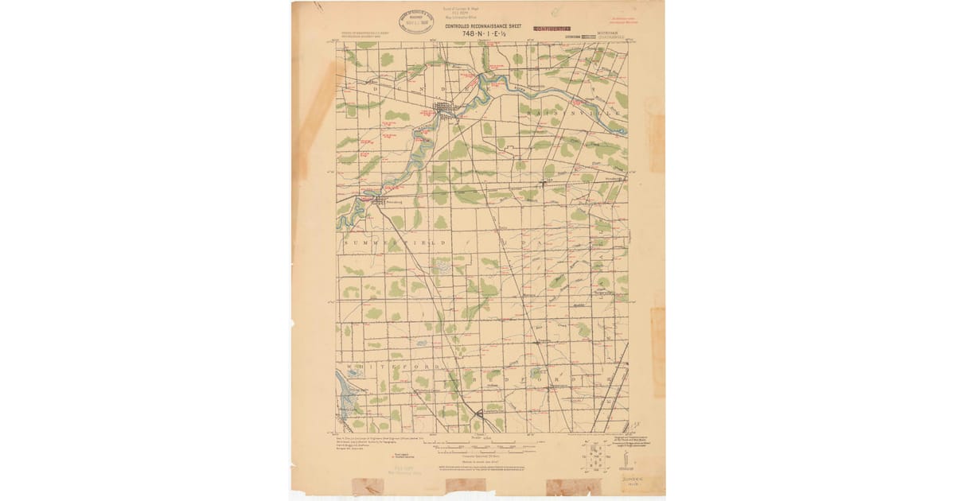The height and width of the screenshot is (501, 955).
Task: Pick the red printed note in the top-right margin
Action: click(623, 19)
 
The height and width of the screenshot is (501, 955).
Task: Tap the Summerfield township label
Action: click(390, 241)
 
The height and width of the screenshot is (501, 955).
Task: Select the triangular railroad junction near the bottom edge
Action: click(478, 413)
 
